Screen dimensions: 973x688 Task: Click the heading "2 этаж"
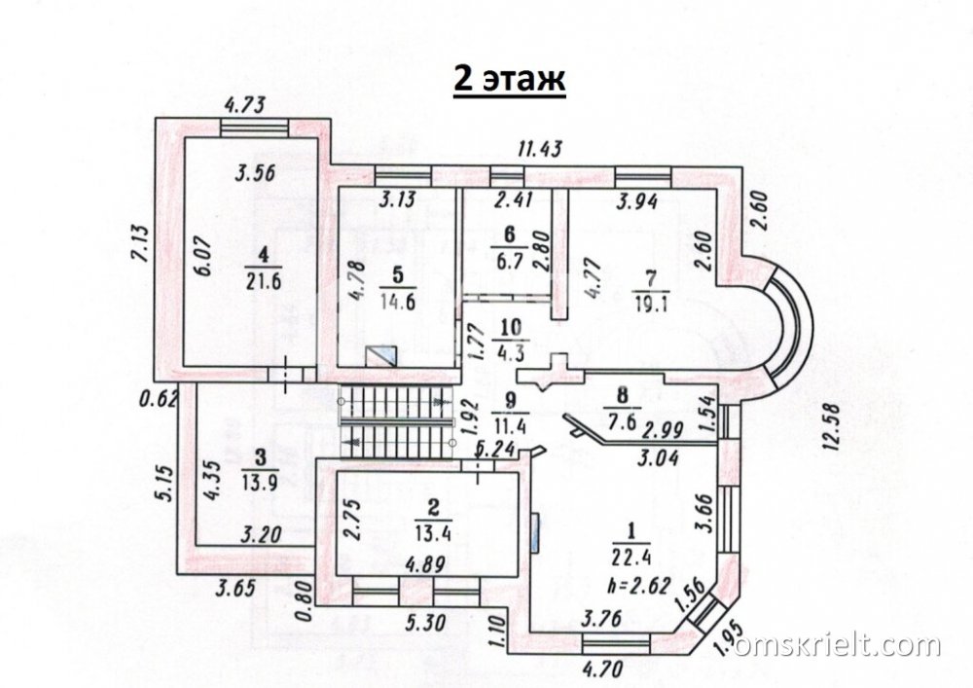click(509, 81)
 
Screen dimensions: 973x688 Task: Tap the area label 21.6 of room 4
click(264, 280)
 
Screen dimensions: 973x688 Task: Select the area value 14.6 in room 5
click(398, 301)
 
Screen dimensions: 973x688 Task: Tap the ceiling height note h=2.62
click(640, 585)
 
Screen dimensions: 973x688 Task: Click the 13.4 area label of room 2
click(434, 532)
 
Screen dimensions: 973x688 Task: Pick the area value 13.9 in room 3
click(261, 482)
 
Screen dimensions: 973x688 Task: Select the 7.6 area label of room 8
click(622, 422)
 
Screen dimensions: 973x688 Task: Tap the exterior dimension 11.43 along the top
click(541, 148)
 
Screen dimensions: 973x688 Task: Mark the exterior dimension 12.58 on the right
click(831, 426)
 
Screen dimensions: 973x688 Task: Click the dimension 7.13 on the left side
click(142, 242)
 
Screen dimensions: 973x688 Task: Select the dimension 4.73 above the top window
click(244, 104)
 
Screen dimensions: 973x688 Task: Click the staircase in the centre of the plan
click(396, 422)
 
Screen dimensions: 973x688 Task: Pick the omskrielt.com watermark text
click(838, 646)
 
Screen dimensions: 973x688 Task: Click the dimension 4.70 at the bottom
click(604, 670)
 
